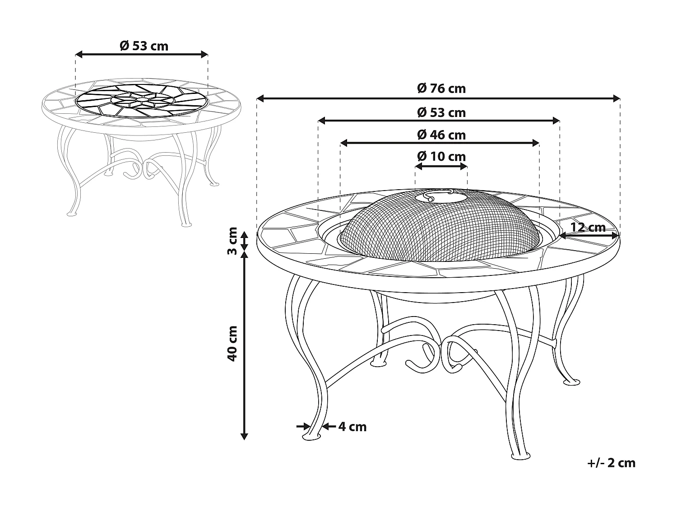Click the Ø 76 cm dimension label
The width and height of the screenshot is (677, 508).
[441, 89]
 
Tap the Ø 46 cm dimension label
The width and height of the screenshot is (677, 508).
[441, 135]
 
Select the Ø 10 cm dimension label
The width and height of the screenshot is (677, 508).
[441, 156]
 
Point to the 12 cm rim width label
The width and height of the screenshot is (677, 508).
[588, 227]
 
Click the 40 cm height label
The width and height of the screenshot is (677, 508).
[232, 343]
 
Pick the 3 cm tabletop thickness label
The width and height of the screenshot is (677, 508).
[232, 241]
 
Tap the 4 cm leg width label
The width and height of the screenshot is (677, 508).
[352, 427]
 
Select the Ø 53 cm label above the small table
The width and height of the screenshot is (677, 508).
[144, 46]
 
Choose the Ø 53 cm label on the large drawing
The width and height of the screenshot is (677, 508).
[441, 112]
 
